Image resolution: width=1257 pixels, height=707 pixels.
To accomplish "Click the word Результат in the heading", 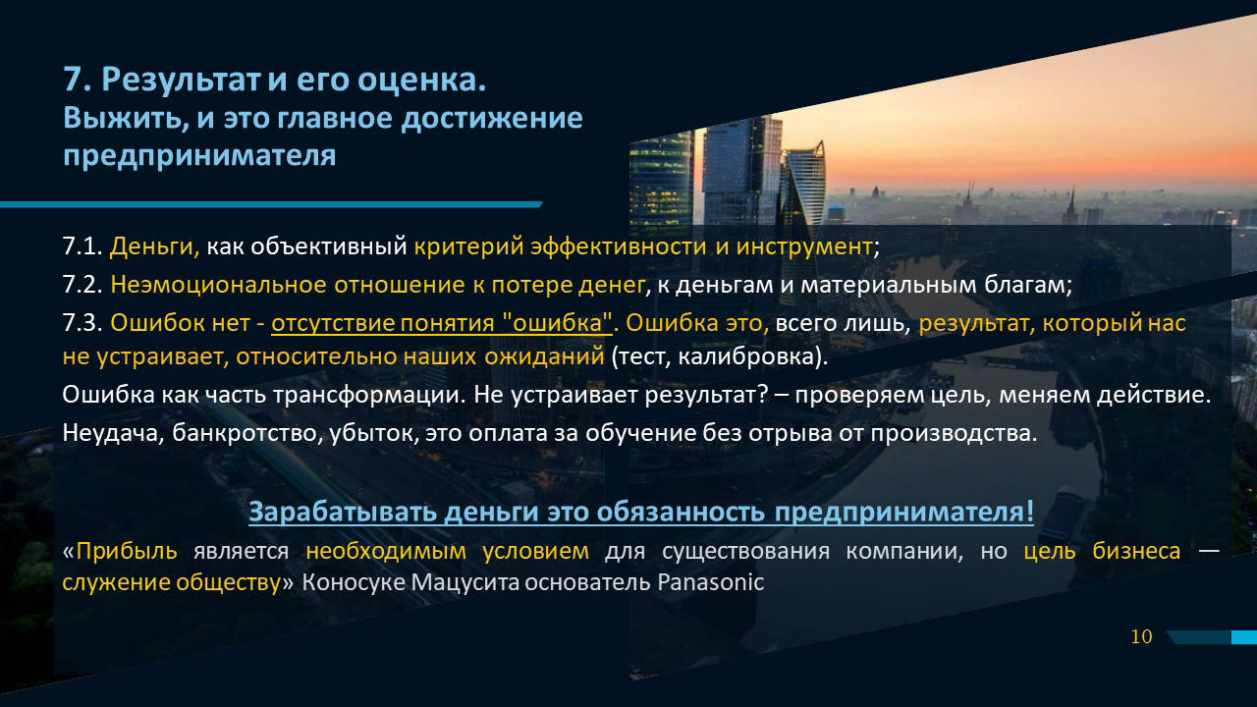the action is point(181,81).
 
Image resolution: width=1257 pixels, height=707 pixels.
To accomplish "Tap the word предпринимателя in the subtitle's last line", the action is point(199,155).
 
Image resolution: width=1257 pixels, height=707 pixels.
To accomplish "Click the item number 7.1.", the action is point(82,246).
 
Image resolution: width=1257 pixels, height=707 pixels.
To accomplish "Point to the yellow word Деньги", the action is point(154,246).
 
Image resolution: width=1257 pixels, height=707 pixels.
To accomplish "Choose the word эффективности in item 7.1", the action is point(619,246).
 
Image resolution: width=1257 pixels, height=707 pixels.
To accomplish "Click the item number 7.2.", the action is point(82,285).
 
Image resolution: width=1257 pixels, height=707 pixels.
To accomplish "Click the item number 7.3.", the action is point(82,323).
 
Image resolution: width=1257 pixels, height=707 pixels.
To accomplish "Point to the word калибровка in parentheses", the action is point(746,356).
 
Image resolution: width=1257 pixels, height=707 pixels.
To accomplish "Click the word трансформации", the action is point(369,395).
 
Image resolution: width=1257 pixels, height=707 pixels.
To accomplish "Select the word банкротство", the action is point(246,433).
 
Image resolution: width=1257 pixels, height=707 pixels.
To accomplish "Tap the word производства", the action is point(954,433).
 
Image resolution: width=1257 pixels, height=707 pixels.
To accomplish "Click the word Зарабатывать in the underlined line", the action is point(343,512).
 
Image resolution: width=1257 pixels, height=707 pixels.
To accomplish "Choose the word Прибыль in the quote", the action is point(127,551).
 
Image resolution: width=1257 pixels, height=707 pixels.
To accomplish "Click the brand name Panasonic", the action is point(710,582).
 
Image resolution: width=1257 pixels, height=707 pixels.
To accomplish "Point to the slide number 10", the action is point(1141,637).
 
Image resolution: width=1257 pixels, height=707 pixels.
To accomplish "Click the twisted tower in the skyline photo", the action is point(803,186).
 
